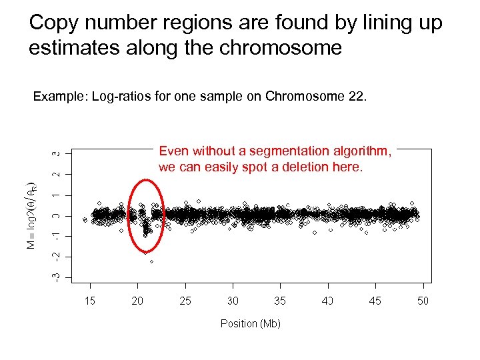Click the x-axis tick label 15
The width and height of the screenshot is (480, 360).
[89, 301]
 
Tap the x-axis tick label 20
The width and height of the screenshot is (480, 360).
[137, 301]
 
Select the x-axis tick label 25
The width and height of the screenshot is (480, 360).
[185, 301]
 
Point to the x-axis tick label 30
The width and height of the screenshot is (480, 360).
[233, 301]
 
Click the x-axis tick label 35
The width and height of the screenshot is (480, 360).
[280, 301]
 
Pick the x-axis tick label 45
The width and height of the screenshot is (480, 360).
[375, 301]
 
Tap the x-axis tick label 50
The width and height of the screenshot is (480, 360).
[423, 301]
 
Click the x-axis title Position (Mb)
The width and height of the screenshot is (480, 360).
[250, 323]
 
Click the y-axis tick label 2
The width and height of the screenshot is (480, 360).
[58, 175]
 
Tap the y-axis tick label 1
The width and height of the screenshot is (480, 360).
[58, 195]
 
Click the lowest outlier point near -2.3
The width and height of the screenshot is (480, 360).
[151, 262]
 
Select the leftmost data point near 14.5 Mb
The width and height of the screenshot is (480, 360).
[85, 219]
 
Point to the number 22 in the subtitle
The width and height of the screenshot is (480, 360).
[355, 97]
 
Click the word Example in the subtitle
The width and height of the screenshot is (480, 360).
[60, 97]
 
